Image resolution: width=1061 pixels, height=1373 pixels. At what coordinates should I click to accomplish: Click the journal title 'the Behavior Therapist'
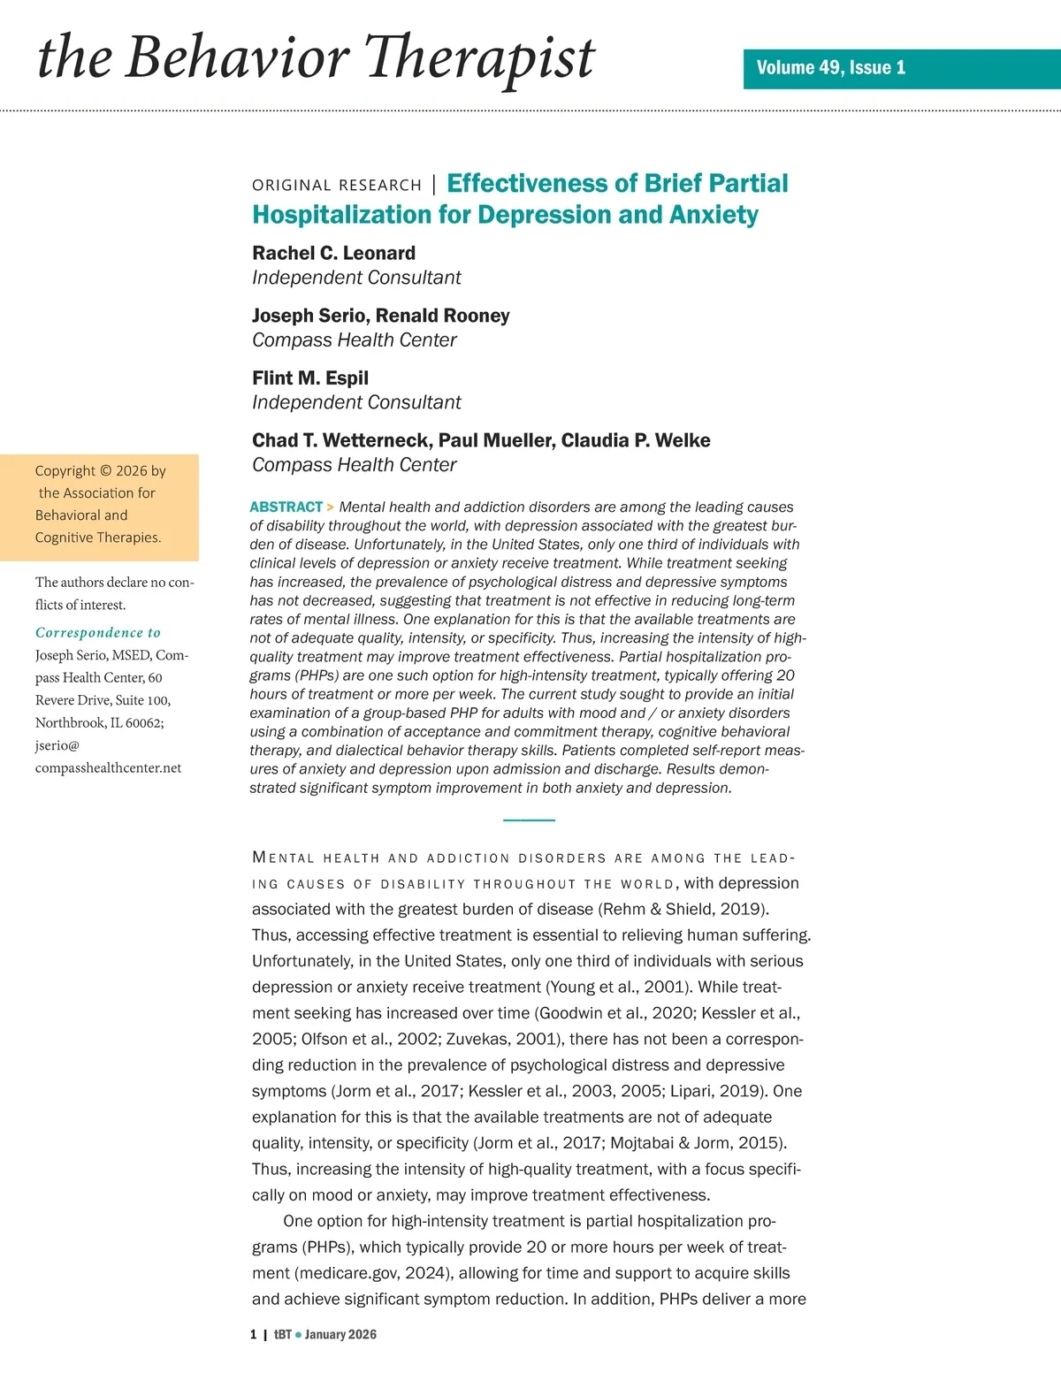[316, 58]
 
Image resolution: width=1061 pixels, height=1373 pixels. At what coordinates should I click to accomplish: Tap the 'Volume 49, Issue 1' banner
[830, 68]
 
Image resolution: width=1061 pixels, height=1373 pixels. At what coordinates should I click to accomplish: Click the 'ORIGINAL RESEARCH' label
[337, 185]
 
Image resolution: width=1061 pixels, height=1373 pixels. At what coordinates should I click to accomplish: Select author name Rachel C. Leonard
[333, 253]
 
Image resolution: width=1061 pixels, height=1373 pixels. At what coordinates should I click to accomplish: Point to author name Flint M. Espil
[309, 378]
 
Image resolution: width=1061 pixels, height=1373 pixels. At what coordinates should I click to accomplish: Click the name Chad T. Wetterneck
[340, 440]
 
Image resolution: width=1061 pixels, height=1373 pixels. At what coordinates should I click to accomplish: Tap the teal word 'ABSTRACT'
[286, 507]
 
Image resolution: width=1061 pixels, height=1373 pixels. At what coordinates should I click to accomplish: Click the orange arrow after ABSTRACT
[331, 507]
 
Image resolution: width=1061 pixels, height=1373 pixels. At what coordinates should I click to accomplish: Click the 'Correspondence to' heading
[98, 633]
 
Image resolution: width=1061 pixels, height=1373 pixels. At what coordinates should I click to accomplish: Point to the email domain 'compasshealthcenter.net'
[108, 767]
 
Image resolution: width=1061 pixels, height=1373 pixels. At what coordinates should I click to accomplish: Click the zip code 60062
[144, 722]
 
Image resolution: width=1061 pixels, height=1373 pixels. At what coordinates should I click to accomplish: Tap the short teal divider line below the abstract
[529, 820]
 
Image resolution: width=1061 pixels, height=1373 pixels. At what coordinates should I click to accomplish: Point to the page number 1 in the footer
[254, 1335]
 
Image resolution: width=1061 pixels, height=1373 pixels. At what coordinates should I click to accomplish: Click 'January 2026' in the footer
[340, 1335]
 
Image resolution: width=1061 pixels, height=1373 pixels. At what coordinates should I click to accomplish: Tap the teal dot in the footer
[298, 1335]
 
